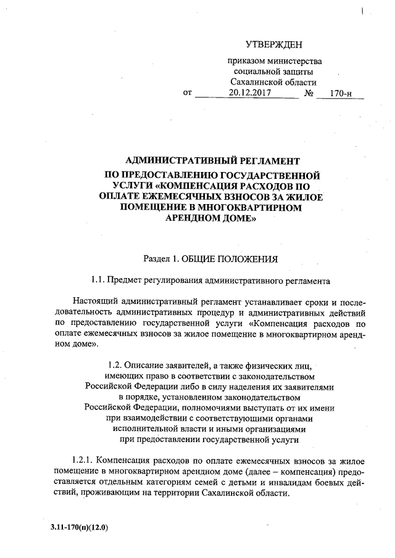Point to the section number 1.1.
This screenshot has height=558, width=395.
[98, 281]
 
